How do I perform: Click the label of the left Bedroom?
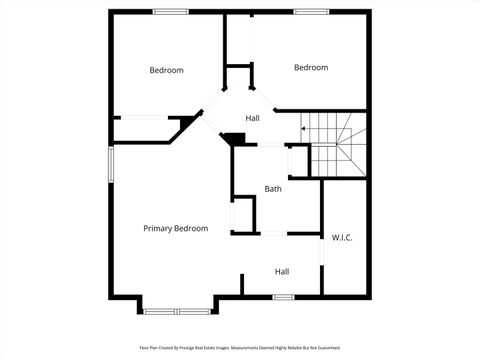click(x=167, y=70)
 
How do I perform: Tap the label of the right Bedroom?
click(x=311, y=67)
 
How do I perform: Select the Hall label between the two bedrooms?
click(x=253, y=118)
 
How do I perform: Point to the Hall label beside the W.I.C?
click(x=282, y=271)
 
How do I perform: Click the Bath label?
click(x=273, y=189)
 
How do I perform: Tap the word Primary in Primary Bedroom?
click(x=158, y=229)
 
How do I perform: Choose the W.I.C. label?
click(x=342, y=237)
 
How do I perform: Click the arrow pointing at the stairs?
click(x=304, y=128)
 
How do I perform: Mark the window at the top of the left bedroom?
click(x=170, y=11)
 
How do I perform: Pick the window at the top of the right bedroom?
click(x=311, y=11)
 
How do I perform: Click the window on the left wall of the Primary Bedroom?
click(x=111, y=165)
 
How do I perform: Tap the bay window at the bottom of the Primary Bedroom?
click(x=177, y=311)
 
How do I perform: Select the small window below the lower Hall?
click(x=283, y=296)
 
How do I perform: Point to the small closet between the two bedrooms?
click(x=237, y=79)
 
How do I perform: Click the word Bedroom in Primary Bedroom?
click(x=191, y=229)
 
